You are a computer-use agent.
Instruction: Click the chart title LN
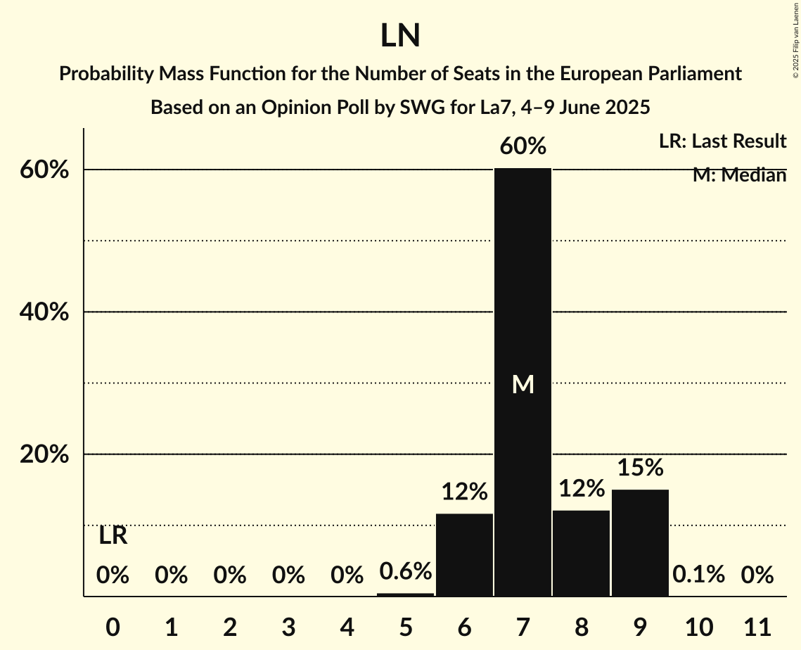click(400, 36)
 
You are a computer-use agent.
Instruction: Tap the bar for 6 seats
click(464, 555)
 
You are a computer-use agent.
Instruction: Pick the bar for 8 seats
click(581, 553)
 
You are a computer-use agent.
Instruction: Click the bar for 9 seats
click(640, 542)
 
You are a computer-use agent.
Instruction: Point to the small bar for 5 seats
click(406, 594)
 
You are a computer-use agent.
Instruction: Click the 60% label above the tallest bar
click(523, 146)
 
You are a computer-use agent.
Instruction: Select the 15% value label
click(640, 467)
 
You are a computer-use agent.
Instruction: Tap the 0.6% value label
click(406, 571)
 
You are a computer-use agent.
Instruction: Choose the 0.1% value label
click(698, 575)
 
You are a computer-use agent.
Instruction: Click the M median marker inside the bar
click(523, 384)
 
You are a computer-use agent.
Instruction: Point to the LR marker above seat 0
click(113, 536)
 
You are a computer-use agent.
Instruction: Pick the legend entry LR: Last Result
click(722, 141)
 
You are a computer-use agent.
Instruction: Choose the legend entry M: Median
click(739, 175)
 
